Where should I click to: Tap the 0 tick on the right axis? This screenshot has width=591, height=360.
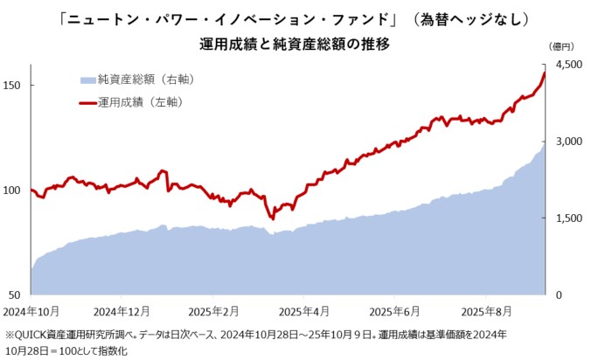click(x=560, y=294)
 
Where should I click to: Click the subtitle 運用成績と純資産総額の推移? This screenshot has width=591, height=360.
click(x=294, y=42)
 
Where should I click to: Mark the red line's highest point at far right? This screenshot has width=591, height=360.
click(x=545, y=73)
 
